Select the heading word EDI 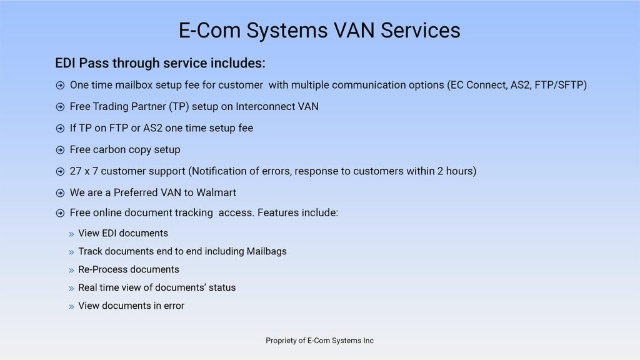tap(66, 63)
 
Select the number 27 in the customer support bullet tap(76, 171)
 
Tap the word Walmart tap(216, 192)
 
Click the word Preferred tap(136, 192)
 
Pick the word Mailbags tap(266, 251)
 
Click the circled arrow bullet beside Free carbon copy tap(60, 150)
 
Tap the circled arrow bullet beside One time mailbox tap(60, 86)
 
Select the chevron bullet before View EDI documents tap(71, 234)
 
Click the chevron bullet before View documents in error tap(71, 306)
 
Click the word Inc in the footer tap(368, 341)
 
